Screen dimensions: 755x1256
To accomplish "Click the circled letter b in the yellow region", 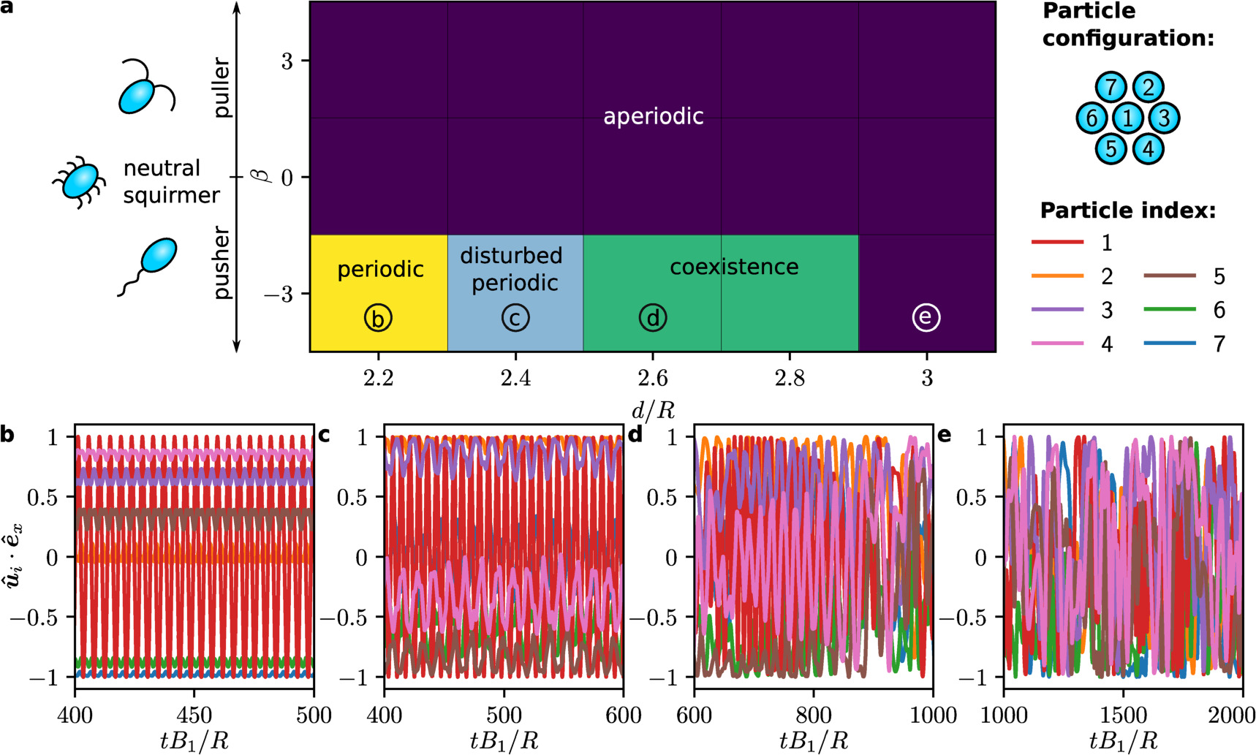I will pyautogui.click(x=378, y=319).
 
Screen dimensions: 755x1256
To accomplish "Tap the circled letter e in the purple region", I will pyautogui.click(x=926, y=317).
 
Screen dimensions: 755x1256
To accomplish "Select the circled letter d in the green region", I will pyautogui.click(x=652, y=318).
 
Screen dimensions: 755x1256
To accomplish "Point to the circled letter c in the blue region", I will pyautogui.click(x=515, y=318).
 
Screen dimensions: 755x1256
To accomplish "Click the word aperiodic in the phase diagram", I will pyautogui.click(x=653, y=116).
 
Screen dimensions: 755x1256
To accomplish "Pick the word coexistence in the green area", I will pyautogui.click(x=733, y=267).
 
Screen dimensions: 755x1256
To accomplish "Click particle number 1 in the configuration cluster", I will pyautogui.click(x=1128, y=118).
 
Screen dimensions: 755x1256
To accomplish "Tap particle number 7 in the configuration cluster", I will pyautogui.click(x=1110, y=87).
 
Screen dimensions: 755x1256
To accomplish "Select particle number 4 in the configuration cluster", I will pyautogui.click(x=1148, y=149).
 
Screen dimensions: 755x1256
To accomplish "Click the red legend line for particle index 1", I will pyautogui.click(x=1057, y=242).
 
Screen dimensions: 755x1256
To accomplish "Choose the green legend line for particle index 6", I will pyautogui.click(x=1170, y=310).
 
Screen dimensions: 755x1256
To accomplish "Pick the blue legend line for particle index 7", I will pyautogui.click(x=1170, y=344).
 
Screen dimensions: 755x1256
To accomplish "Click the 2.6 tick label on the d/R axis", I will pyautogui.click(x=652, y=378).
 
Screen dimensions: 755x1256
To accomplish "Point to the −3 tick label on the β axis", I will pyautogui.click(x=277, y=294).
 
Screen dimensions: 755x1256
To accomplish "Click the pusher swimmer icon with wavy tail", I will pyautogui.click(x=150, y=264).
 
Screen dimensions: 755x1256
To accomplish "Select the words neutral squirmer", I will pyautogui.click(x=170, y=181).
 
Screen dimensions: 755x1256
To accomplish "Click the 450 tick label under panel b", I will pyautogui.click(x=194, y=715).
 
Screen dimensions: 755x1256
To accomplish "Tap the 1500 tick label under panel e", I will pyautogui.click(x=1123, y=715).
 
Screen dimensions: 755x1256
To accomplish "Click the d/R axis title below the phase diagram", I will pyautogui.click(x=652, y=410).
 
